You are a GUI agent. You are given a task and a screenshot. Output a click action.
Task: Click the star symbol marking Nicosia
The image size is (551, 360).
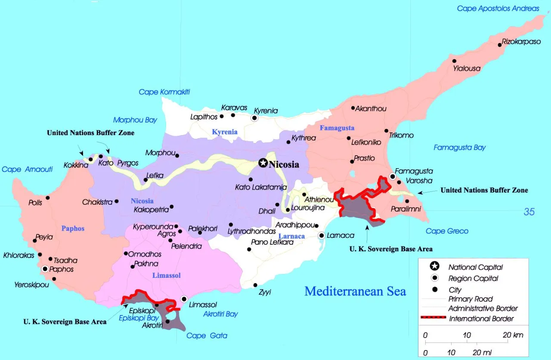[x=263, y=163]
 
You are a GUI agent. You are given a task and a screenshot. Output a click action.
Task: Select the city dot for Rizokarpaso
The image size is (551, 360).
[x=500, y=44]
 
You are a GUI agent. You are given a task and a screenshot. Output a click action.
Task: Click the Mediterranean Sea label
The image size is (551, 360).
[x=355, y=291]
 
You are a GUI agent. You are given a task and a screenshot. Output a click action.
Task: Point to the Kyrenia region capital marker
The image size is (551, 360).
[x=254, y=118]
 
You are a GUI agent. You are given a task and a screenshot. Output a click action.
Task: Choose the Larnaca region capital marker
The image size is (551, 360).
[x=321, y=235]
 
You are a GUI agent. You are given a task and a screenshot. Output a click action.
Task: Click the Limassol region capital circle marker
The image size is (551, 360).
[x=184, y=299]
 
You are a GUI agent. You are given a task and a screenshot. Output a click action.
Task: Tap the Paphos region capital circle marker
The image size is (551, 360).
[x=45, y=269]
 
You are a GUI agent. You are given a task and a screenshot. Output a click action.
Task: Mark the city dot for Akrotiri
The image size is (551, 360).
[x=167, y=321]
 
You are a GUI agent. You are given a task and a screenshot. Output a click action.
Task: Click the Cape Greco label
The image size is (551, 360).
[x=447, y=231]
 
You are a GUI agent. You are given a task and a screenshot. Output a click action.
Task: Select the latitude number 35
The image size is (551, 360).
[x=529, y=211]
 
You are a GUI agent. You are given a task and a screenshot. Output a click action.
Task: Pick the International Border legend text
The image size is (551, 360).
[x=481, y=319]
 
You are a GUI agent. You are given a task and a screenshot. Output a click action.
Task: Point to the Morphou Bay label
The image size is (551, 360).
[x=135, y=120]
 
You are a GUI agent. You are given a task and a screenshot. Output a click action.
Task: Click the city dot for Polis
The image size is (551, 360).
[x=48, y=198]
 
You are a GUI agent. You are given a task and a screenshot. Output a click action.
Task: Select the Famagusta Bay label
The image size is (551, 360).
[x=459, y=148]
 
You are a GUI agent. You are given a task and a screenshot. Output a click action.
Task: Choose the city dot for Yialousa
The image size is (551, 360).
[x=454, y=61]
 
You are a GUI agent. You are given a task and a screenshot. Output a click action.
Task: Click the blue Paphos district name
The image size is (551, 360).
[x=73, y=228]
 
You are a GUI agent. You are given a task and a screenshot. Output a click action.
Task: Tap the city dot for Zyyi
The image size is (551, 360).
[x=255, y=285]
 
